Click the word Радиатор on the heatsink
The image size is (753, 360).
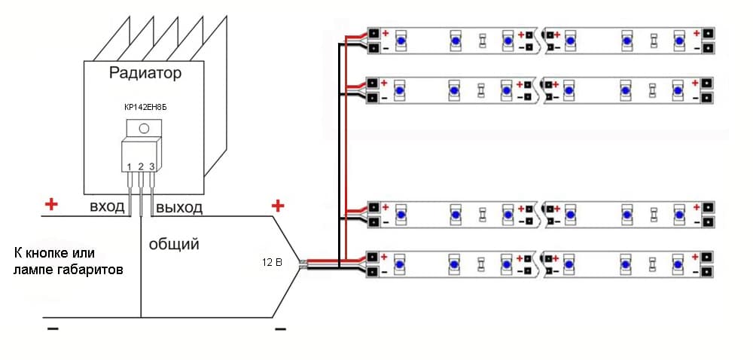click(x=145, y=74)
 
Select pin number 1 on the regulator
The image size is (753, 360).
click(x=130, y=166)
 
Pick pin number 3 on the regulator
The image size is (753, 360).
click(x=152, y=166)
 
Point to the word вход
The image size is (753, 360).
click(x=107, y=207)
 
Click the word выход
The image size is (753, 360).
click(x=179, y=207)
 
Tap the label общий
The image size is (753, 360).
click(x=174, y=244)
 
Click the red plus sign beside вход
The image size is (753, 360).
click(x=51, y=204)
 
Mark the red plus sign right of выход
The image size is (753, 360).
click(x=278, y=205)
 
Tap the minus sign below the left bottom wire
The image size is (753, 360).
click(x=52, y=329)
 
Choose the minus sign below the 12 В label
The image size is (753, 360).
click(x=280, y=329)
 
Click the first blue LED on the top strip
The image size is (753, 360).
click(x=401, y=41)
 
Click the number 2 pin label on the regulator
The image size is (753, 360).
click(x=141, y=166)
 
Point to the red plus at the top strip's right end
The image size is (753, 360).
click(x=697, y=33)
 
